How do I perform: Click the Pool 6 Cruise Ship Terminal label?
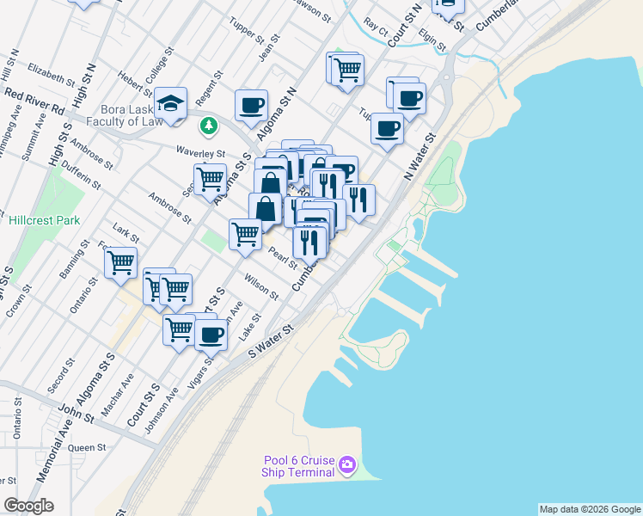[x=298, y=466]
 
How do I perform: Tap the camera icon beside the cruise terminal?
[x=347, y=465]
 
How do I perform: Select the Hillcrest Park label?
[x=45, y=220]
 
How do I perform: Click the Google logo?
[x=29, y=505]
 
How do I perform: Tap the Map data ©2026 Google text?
[x=589, y=509]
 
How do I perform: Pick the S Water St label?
[x=272, y=340]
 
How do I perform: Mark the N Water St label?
[x=420, y=156]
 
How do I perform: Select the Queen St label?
[x=87, y=447]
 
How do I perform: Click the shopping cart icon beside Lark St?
[x=121, y=261]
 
